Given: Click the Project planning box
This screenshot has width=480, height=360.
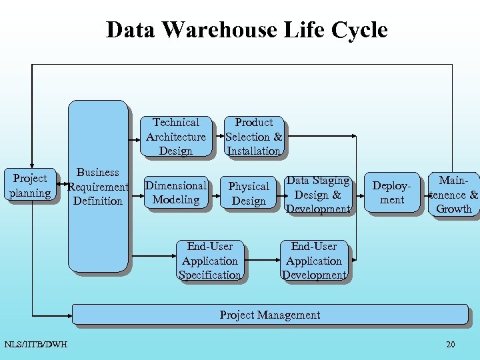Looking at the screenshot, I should click(x=30, y=186).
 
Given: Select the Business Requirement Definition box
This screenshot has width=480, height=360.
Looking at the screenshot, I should click(x=97, y=186).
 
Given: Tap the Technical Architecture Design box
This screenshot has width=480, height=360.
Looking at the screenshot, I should click(x=176, y=137).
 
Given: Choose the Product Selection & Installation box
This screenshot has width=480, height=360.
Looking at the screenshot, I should click(x=253, y=137).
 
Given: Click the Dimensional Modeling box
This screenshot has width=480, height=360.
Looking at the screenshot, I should click(x=176, y=193).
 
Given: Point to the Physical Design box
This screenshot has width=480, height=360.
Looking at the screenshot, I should click(x=249, y=193).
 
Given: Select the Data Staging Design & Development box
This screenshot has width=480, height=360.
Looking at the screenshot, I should click(x=317, y=195).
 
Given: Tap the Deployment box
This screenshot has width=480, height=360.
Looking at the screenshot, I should click(x=392, y=193).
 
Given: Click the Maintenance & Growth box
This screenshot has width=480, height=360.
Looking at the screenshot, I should click(x=454, y=194).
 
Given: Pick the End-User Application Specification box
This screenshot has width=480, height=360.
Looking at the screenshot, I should click(x=210, y=261).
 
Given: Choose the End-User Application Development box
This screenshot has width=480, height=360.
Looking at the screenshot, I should click(x=314, y=261).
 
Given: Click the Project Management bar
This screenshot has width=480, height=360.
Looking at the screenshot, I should click(x=269, y=315).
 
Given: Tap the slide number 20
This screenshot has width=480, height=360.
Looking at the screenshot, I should click(x=451, y=345).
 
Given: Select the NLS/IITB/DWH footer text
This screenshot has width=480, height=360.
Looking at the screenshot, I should click(x=35, y=345).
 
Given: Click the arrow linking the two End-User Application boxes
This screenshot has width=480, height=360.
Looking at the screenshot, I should click(x=261, y=261).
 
